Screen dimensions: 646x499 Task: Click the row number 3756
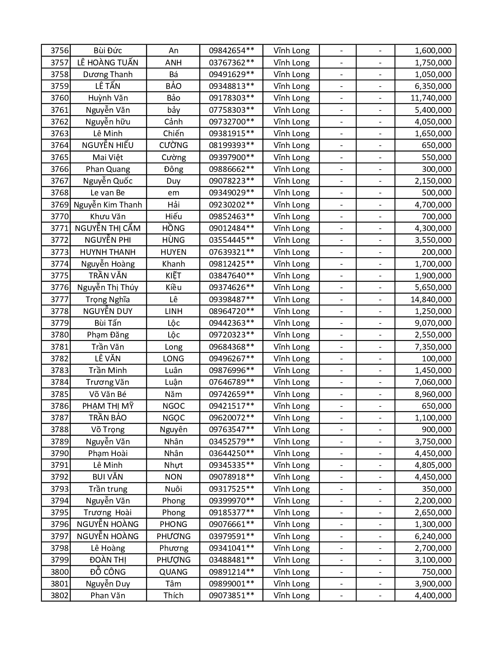click(59, 51)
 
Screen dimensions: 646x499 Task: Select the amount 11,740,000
click(431, 98)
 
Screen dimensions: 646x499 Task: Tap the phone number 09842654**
click(231, 51)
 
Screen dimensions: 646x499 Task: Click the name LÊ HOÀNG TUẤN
click(108, 62)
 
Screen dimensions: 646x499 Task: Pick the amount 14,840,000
click(431, 300)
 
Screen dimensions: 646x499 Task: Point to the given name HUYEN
click(173, 252)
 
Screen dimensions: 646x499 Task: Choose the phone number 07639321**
click(231, 252)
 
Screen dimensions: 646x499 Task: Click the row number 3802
click(59, 595)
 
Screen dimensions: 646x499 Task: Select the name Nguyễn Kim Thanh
click(108, 205)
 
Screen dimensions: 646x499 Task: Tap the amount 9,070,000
click(433, 323)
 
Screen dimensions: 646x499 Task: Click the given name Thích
click(173, 595)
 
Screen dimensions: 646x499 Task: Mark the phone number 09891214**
click(231, 572)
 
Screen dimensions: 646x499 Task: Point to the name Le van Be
click(108, 193)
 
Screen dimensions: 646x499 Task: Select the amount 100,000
click(436, 359)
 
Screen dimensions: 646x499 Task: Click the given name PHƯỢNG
click(173, 560)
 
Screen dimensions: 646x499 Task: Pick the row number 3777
click(59, 300)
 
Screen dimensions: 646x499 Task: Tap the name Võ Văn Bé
click(108, 394)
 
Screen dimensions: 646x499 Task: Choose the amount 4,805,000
click(433, 465)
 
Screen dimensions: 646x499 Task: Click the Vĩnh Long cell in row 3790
click(292, 453)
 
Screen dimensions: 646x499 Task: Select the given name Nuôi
click(173, 489)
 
